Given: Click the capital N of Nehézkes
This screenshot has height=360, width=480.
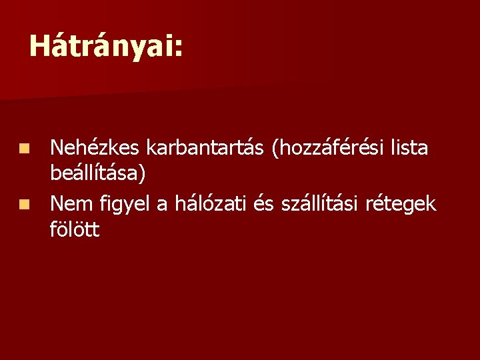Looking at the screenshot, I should tap(57, 148).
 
